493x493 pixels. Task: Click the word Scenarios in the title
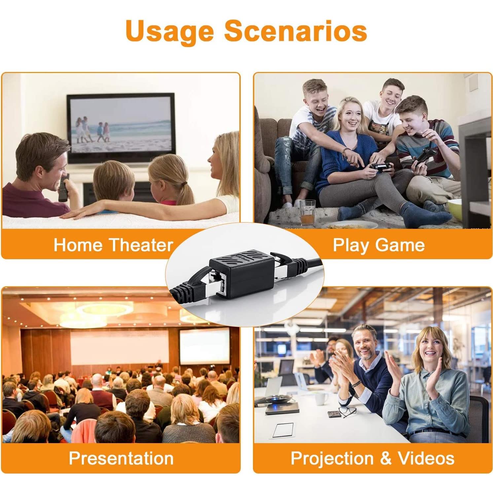tap(296, 30)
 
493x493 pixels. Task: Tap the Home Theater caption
tap(113, 245)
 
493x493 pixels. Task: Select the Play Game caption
tap(379, 245)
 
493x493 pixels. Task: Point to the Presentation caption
tap(121, 458)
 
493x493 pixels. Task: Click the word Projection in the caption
tap(332, 459)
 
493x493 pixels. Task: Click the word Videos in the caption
tap(426, 458)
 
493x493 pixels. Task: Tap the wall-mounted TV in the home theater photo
tap(121, 128)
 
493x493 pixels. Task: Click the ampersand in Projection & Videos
tap(385, 458)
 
